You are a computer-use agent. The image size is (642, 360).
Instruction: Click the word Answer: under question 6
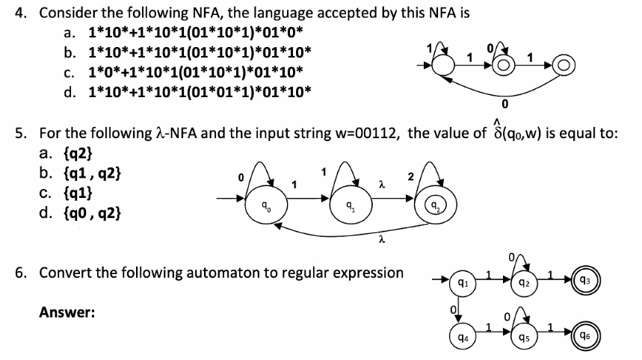(x=67, y=313)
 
